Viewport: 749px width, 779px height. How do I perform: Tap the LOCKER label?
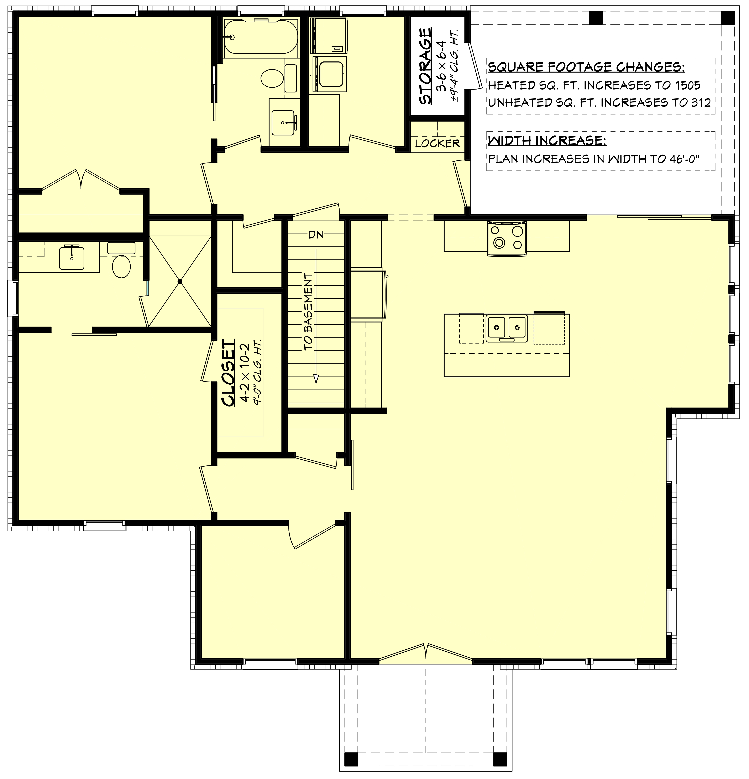[x=437, y=143]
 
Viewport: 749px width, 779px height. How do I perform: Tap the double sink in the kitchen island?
[x=507, y=328]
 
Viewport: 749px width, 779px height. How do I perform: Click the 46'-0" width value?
[x=684, y=159]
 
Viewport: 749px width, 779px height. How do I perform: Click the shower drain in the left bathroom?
[x=180, y=281]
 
